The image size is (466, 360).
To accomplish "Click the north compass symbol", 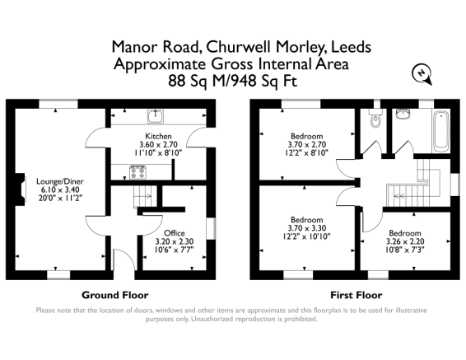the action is point(422,74).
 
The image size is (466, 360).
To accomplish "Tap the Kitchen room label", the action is point(158,136).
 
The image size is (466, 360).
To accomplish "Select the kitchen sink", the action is point(156,116).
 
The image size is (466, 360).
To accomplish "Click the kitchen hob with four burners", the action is point(137,172).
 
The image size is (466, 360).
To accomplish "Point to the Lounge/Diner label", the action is point(60,181).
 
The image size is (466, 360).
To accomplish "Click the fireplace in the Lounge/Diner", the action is point(21,189).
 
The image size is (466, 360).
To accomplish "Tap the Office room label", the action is point(175,233).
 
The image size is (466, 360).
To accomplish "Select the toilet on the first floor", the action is point(375,118).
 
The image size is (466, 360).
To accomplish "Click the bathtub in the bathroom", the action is point(442,131).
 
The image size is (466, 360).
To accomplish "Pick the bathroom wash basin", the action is point(403,114).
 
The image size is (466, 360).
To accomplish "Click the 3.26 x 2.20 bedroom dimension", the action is point(405,241).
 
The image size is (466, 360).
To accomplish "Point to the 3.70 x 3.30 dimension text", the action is point(307,228).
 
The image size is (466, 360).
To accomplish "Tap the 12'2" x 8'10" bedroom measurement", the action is point(307,152).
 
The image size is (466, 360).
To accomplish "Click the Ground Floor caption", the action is point(115,295).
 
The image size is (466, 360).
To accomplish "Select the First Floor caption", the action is point(356,295).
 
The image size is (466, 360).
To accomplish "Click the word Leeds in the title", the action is point(351,47).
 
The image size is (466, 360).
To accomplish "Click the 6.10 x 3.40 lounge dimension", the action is point(60,189).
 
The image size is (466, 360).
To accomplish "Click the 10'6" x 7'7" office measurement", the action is point(175,250).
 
